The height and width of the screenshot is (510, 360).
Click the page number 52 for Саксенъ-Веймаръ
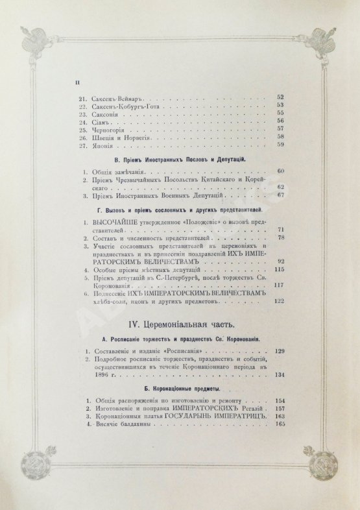[x=280, y=97]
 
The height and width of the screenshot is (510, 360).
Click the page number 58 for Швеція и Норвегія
[x=280, y=138]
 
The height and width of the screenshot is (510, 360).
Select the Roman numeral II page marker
[x=77, y=82]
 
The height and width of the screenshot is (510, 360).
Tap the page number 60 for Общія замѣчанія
[x=280, y=171]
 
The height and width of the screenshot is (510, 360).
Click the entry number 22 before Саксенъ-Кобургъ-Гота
[x=82, y=104]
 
